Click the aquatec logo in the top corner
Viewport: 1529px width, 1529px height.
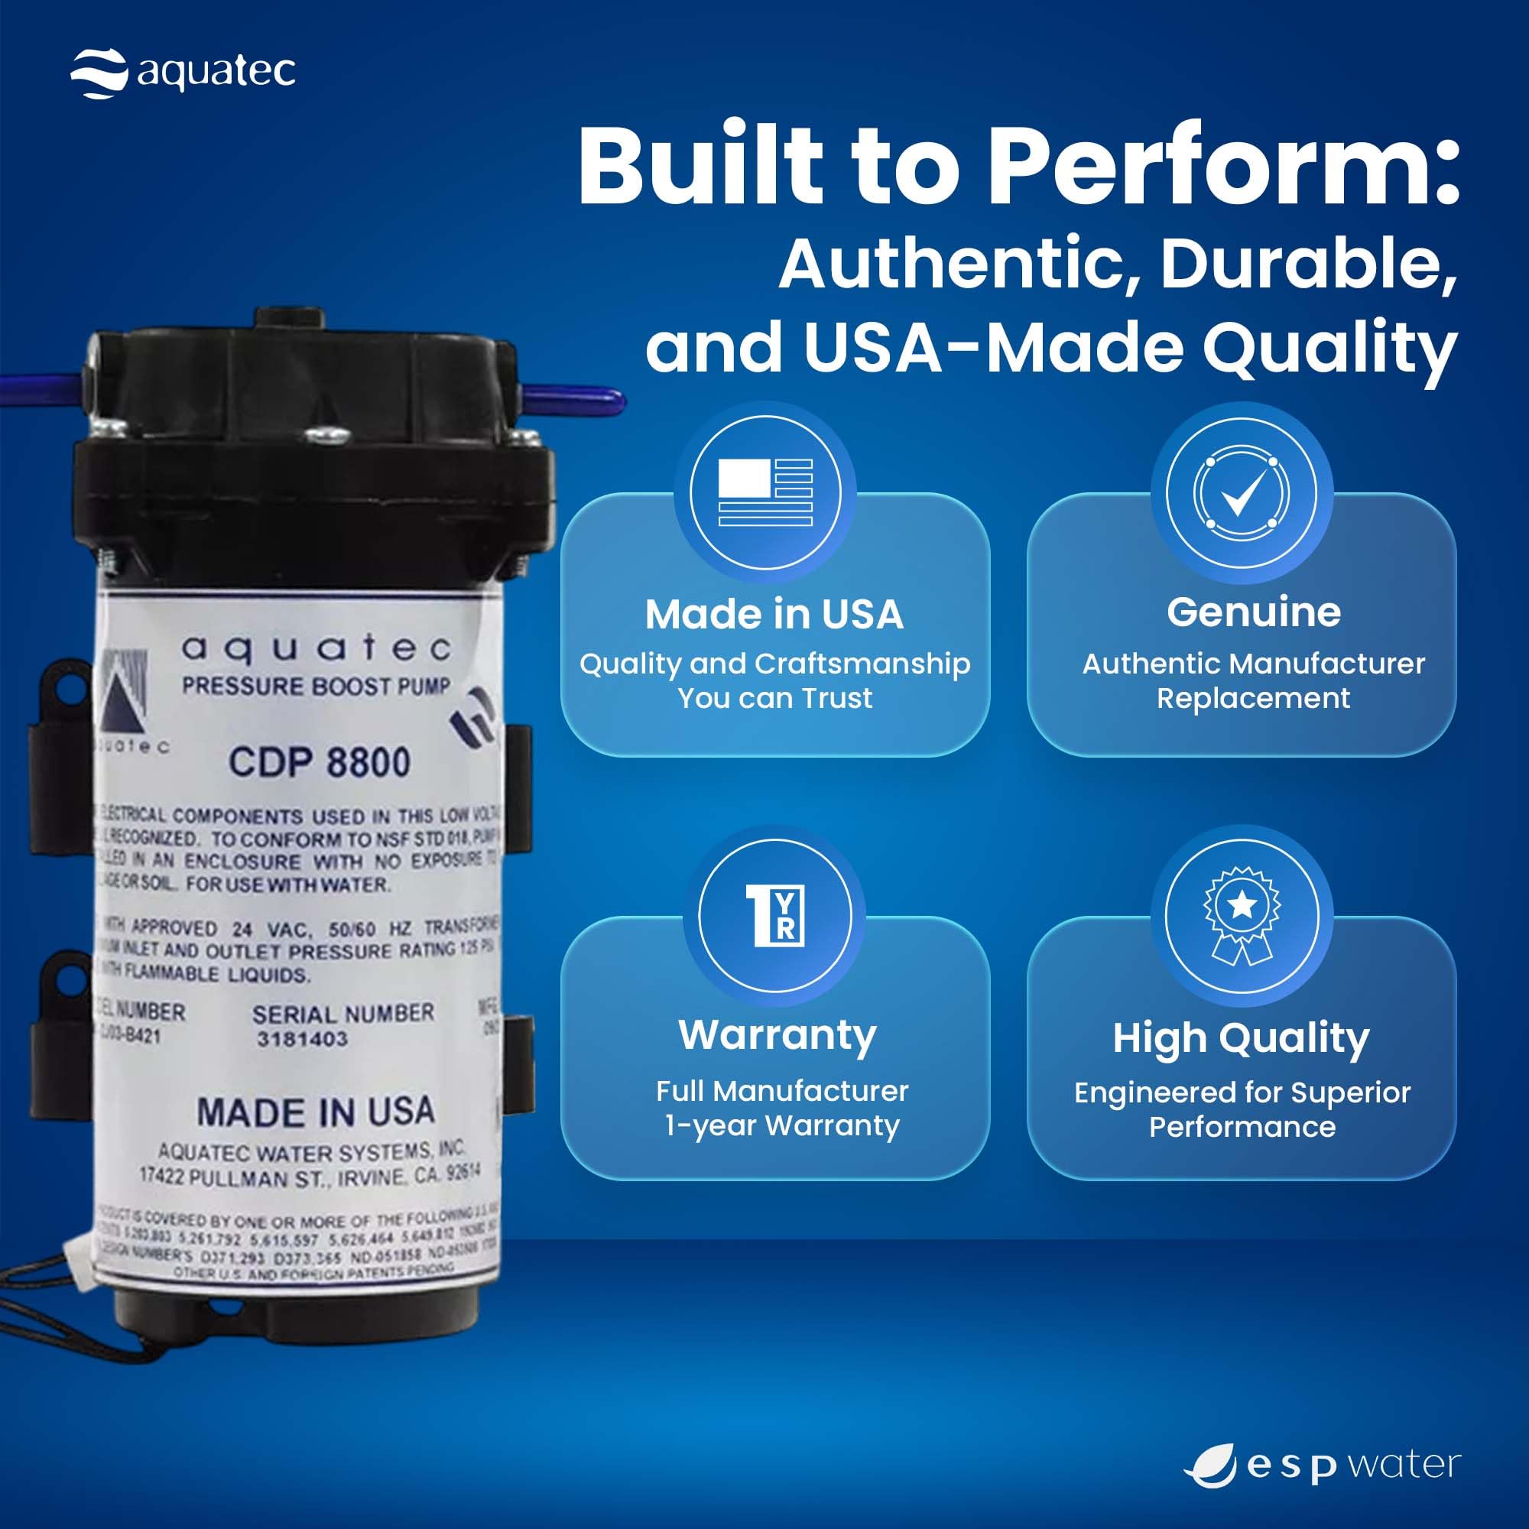pyautogui.click(x=183, y=73)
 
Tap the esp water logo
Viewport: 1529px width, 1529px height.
pyautogui.click(x=1322, y=1465)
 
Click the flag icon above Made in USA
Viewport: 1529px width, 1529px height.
pyautogui.click(x=764, y=492)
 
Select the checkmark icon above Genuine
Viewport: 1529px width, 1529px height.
pyautogui.click(x=1242, y=493)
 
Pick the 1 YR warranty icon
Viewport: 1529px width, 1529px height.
pyautogui.click(x=774, y=916)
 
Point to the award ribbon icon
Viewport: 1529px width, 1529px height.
pyautogui.click(x=1242, y=916)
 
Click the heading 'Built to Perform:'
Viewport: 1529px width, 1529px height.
pyautogui.click(x=1018, y=166)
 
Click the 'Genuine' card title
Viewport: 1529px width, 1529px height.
pyautogui.click(x=1254, y=612)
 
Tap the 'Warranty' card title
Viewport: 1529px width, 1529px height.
pyautogui.click(x=777, y=1034)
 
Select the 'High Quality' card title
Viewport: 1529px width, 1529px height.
pyautogui.click(x=1240, y=1038)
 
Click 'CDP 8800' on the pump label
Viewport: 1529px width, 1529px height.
pyautogui.click(x=320, y=762)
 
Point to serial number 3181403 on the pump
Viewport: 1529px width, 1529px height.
pyautogui.click(x=301, y=1039)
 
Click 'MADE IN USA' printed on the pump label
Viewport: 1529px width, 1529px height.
pyautogui.click(x=315, y=1112)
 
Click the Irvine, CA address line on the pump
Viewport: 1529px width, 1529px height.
pyautogui.click(x=309, y=1177)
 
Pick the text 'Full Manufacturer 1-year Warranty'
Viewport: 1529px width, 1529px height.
pyautogui.click(x=781, y=1108)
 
